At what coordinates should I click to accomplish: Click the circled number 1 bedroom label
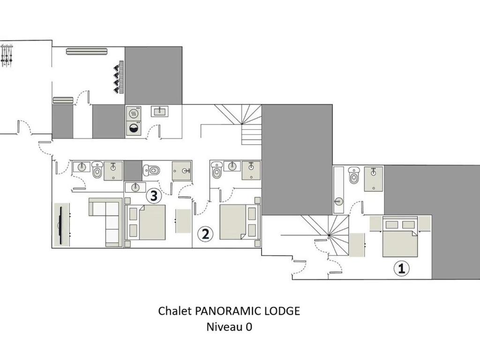401,268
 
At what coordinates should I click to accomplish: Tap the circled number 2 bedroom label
205,234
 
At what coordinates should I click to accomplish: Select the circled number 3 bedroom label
154,196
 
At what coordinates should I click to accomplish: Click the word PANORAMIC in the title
228,311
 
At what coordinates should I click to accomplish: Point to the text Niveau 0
229,327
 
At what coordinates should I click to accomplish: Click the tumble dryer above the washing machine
134,113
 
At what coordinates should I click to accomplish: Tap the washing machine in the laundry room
134,128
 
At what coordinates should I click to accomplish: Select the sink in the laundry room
159,112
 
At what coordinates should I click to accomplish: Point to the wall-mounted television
61,225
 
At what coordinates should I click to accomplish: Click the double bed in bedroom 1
400,236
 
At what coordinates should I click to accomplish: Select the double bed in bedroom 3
145,222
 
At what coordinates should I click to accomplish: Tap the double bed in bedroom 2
240,222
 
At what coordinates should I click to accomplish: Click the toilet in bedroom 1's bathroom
354,175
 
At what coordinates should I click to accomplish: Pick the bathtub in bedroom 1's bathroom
338,190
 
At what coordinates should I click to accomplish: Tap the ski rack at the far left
7,55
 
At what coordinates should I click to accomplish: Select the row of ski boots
119,77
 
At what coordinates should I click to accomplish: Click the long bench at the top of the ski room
87,51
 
